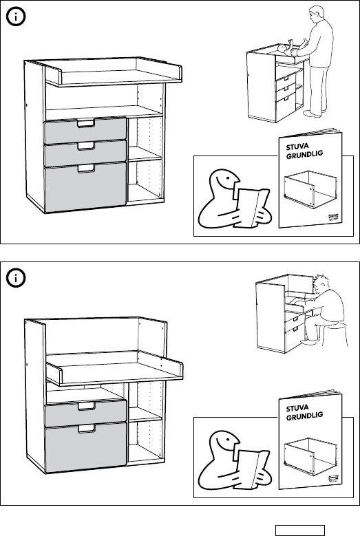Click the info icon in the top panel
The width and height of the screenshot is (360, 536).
click(x=16, y=17)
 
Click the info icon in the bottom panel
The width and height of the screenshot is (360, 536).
click(x=16, y=278)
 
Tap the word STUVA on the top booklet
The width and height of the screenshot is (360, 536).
click(x=297, y=147)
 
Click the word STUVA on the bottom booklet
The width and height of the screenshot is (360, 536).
click(x=297, y=408)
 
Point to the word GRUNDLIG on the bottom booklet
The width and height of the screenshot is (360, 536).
click(x=305, y=416)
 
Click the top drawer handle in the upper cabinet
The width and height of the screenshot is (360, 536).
click(x=85, y=123)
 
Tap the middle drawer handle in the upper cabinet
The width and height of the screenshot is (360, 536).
click(x=85, y=146)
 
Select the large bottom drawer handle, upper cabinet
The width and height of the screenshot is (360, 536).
click(x=86, y=169)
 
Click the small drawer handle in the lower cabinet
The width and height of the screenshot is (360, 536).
click(x=86, y=406)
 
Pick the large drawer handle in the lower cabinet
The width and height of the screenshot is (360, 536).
click(x=86, y=429)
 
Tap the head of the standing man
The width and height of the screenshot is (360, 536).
click(x=317, y=14)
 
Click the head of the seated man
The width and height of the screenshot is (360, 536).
click(x=321, y=283)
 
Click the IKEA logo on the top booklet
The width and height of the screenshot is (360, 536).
click(x=333, y=217)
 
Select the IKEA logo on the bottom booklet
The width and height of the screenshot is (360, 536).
click(x=333, y=478)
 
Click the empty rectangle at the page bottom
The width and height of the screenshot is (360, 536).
click(x=300, y=530)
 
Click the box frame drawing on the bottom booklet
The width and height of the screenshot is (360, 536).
click(x=310, y=456)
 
